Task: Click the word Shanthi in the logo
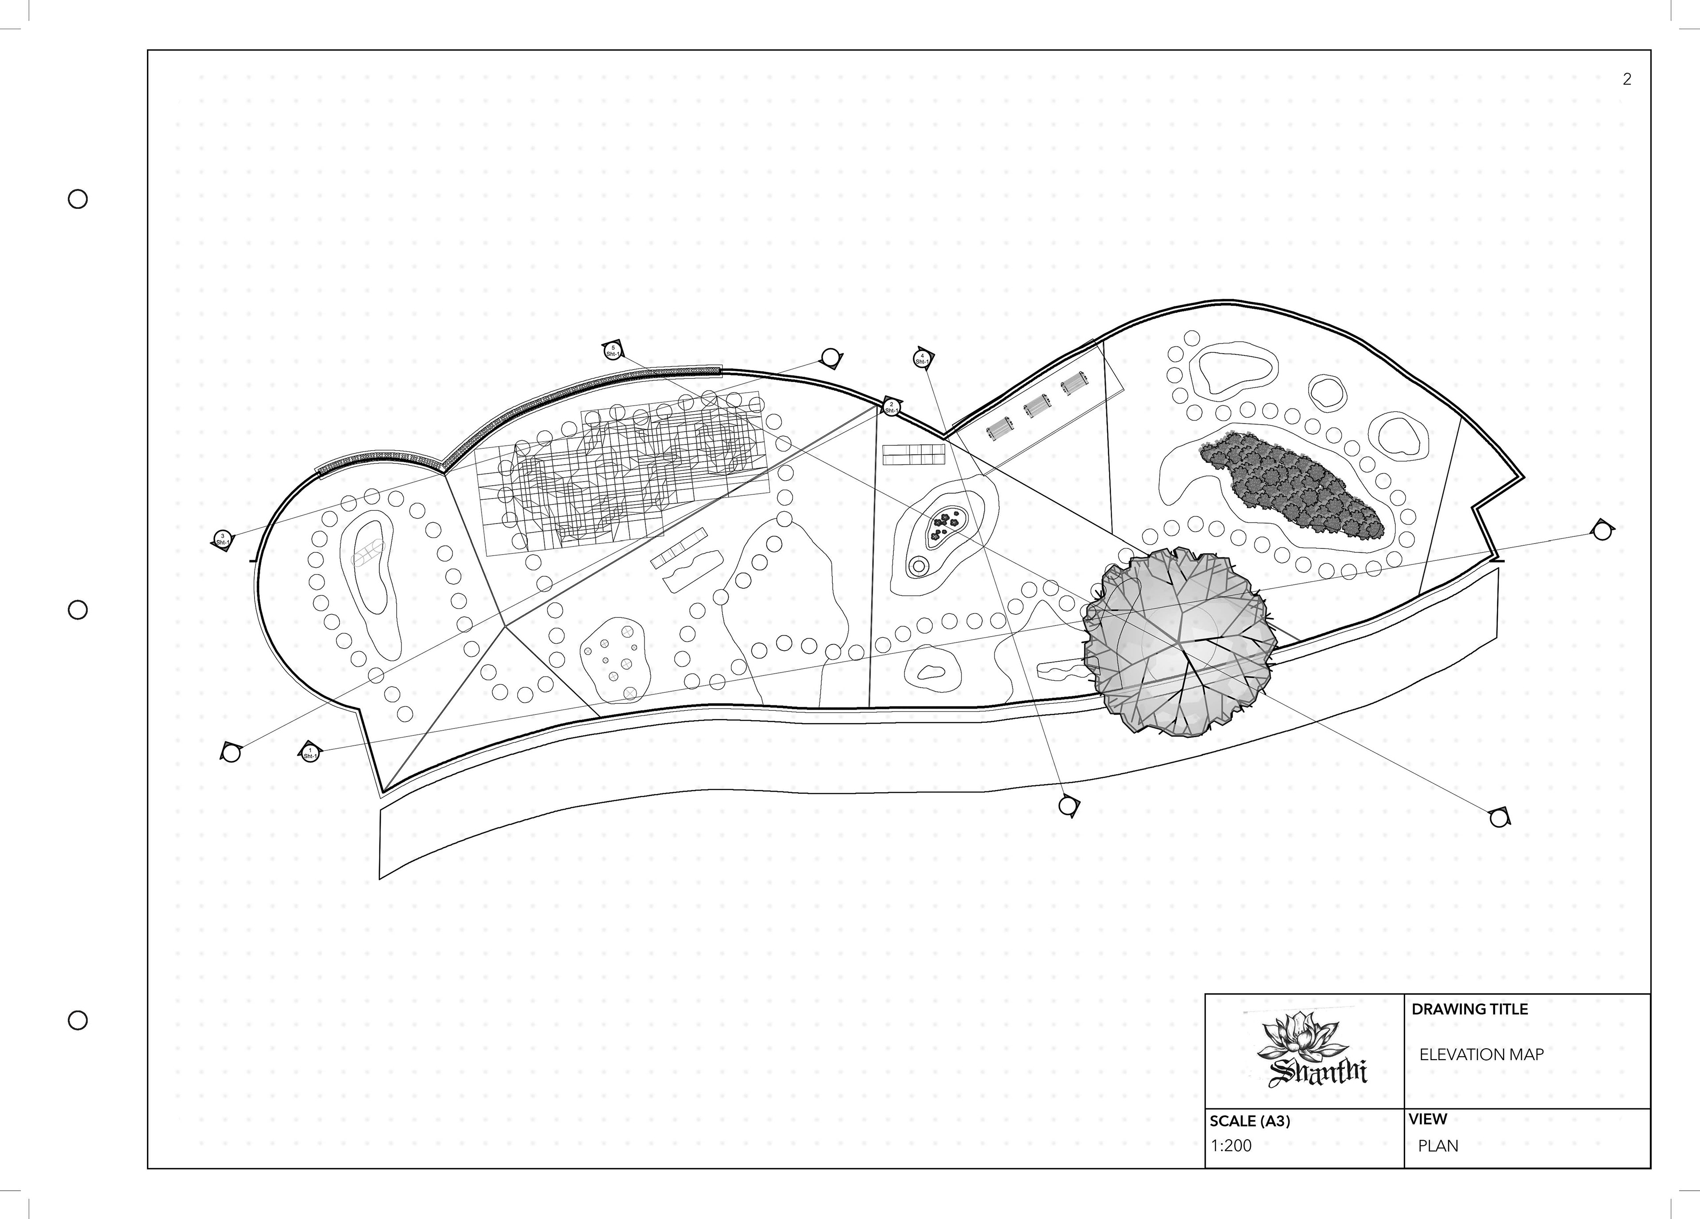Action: [1317, 1073]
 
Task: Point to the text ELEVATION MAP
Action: [1481, 1055]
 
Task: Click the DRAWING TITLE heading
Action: [1469, 1009]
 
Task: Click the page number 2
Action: [1627, 79]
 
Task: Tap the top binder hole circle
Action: [78, 199]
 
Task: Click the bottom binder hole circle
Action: [78, 1020]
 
